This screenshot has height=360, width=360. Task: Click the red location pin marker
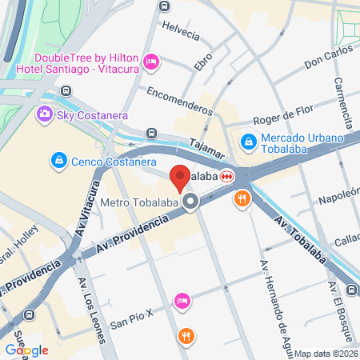coord(180,176)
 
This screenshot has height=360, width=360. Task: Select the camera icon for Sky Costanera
coord(45,115)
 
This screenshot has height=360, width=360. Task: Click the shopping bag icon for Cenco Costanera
coord(58,161)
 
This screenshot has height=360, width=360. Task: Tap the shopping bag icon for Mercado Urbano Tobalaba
coord(250,142)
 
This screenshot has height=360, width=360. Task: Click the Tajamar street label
coord(208,147)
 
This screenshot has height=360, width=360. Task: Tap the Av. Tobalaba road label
coord(305,236)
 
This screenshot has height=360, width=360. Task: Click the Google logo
coord(26,350)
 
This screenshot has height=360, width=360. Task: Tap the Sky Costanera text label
coord(93,115)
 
